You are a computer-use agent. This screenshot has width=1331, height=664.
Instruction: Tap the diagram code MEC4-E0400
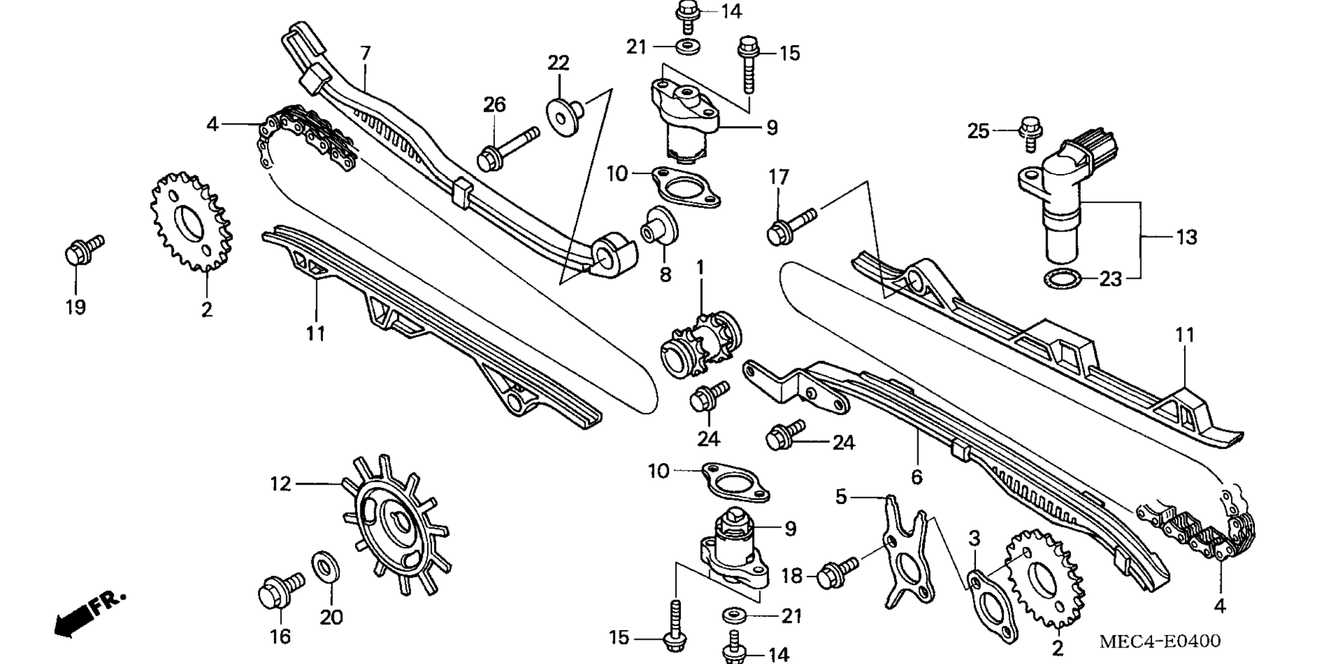pyautogui.click(x=1160, y=641)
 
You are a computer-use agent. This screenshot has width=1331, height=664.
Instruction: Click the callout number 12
pyautogui.click(x=280, y=483)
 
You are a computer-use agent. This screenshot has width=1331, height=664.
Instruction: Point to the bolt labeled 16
pyautogui.click(x=280, y=591)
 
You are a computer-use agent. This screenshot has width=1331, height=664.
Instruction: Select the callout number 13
pyautogui.click(x=1187, y=237)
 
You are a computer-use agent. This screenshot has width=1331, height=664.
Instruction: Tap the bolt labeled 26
pyautogui.click(x=507, y=147)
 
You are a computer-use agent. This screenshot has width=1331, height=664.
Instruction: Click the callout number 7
pyautogui.click(x=365, y=53)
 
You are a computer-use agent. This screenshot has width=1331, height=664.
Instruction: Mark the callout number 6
pyautogui.click(x=916, y=477)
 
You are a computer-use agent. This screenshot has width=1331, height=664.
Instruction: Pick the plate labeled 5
pyautogui.click(x=905, y=561)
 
